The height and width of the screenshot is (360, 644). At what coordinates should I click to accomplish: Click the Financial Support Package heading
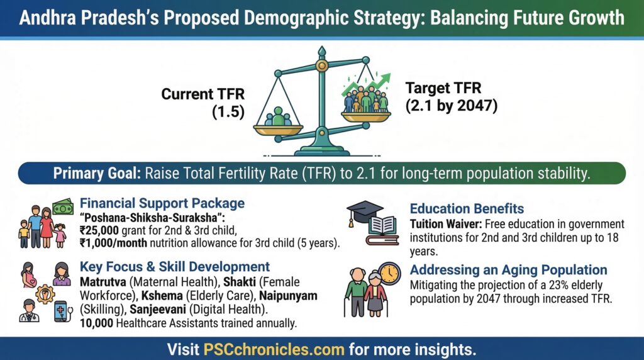coord(162,204)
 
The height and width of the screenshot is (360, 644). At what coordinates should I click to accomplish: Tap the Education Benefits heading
coord(467,209)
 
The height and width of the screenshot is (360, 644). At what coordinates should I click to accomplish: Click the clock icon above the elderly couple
coord(389,272)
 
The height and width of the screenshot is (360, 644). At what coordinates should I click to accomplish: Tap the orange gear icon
coord(45,293)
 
